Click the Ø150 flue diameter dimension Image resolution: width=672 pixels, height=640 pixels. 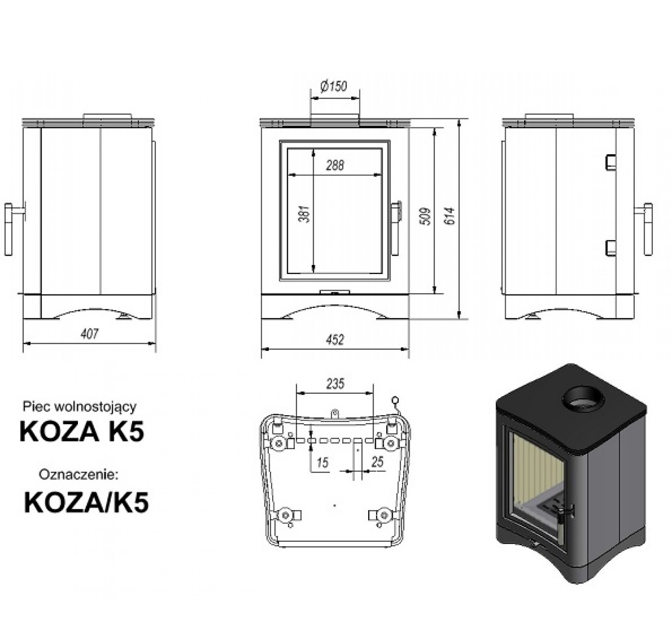pos(334,86)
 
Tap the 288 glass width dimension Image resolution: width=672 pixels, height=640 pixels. pos(335,165)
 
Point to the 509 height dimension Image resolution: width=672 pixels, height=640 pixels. pos(425,216)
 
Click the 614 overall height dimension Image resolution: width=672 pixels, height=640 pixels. pos(450,216)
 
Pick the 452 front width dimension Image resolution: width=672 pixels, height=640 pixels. pos(335,340)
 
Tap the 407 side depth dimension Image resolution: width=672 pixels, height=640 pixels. pos(90,334)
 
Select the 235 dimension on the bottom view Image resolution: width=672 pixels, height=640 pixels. pos(335,384)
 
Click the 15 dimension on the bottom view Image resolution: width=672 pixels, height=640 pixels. pos(322,463)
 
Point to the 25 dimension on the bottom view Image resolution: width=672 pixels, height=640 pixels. pos(377,462)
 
